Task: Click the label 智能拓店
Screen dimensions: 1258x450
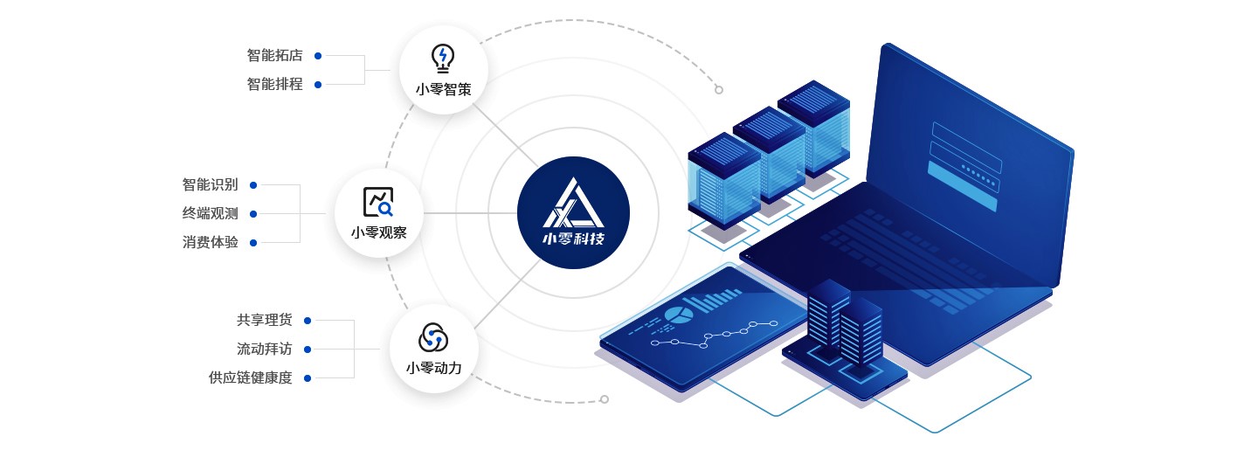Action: [274, 56]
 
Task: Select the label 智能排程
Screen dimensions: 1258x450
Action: [274, 84]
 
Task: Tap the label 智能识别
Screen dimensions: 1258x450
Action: [210, 185]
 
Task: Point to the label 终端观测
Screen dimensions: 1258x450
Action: [210, 213]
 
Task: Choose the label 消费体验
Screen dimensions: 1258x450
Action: [210, 242]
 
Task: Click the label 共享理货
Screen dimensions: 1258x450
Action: [265, 320]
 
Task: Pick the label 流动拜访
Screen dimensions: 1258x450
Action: [265, 349]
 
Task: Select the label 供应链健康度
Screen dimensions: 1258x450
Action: [251, 377]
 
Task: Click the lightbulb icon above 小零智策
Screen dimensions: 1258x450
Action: [443, 59]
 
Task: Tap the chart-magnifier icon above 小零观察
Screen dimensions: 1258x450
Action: [378, 202]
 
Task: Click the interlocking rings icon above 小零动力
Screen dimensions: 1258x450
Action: [433, 337]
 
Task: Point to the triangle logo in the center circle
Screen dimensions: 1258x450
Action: [573, 203]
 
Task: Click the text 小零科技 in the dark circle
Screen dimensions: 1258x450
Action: [573, 239]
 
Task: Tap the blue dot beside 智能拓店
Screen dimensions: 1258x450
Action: [318, 56]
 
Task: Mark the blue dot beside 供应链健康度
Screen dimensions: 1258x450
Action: [308, 378]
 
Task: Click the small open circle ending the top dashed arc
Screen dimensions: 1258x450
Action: [719, 90]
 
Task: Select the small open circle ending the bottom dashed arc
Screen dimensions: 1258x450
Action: [605, 399]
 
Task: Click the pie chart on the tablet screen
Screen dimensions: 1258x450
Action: [679, 315]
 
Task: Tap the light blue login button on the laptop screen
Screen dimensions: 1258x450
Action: [962, 186]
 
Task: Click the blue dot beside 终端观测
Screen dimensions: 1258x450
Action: [253, 214]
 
